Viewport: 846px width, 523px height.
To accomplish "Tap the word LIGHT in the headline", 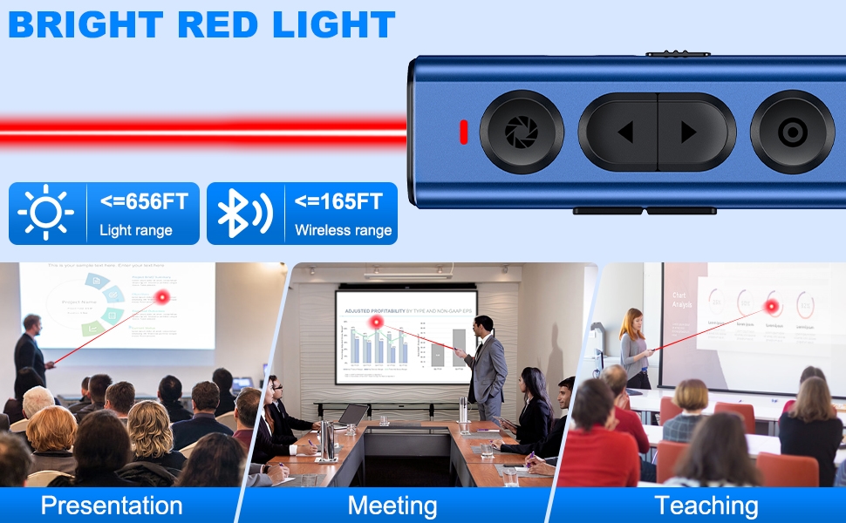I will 334,25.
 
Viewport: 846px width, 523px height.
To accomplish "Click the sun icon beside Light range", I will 45,213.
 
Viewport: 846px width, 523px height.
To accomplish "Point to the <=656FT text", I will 144,202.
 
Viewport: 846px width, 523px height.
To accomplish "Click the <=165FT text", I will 338,202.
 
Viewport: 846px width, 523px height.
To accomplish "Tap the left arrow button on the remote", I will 624,132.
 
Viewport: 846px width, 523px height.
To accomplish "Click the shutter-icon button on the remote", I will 522,132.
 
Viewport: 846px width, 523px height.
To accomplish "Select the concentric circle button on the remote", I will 791,132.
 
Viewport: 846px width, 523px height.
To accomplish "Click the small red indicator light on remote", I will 464,132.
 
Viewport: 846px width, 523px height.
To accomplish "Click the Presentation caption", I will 112,506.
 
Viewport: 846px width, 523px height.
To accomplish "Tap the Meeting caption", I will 392,506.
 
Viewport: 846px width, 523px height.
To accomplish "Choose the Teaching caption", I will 706,506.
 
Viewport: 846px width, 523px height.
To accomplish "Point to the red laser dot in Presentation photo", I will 161,298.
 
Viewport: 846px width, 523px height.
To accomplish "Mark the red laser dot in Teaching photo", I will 771,308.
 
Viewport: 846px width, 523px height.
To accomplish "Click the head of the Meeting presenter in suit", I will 484,324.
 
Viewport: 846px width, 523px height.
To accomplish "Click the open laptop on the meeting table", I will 351,415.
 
